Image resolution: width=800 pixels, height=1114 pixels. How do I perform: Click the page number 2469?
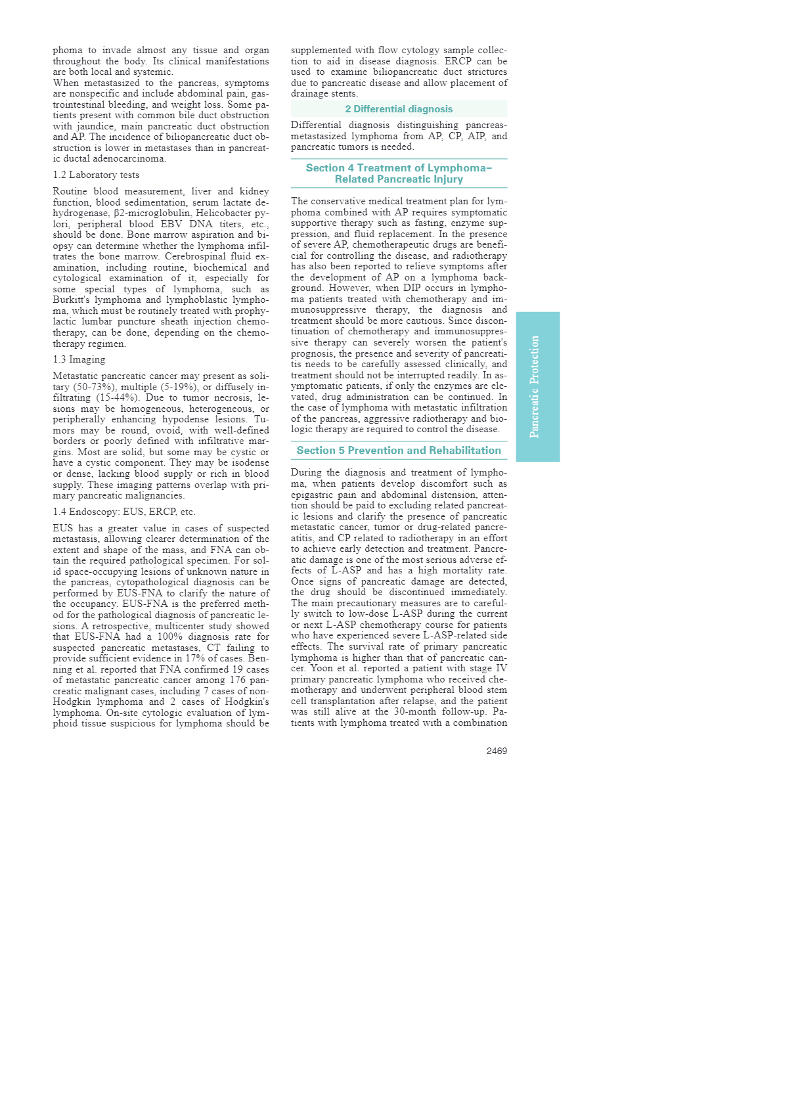tap(497, 751)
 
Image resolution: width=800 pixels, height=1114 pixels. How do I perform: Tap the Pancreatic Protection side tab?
tap(537, 386)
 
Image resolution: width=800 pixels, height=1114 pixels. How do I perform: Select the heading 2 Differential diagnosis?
tap(399, 109)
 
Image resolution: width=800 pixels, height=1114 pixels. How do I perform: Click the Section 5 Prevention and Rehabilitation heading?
tap(399, 451)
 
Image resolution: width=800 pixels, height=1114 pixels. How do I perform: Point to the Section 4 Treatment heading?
tap(399, 173)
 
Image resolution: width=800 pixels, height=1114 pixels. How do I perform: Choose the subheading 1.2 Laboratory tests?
tap(96, 175)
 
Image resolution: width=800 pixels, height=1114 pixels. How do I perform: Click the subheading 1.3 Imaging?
tap(79, 359)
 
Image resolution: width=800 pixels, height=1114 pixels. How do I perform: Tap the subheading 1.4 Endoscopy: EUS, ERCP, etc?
tap(124, 512)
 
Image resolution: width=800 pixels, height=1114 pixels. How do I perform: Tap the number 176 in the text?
tap(239, 680)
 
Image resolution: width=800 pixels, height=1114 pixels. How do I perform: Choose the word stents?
tap(344, 93)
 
